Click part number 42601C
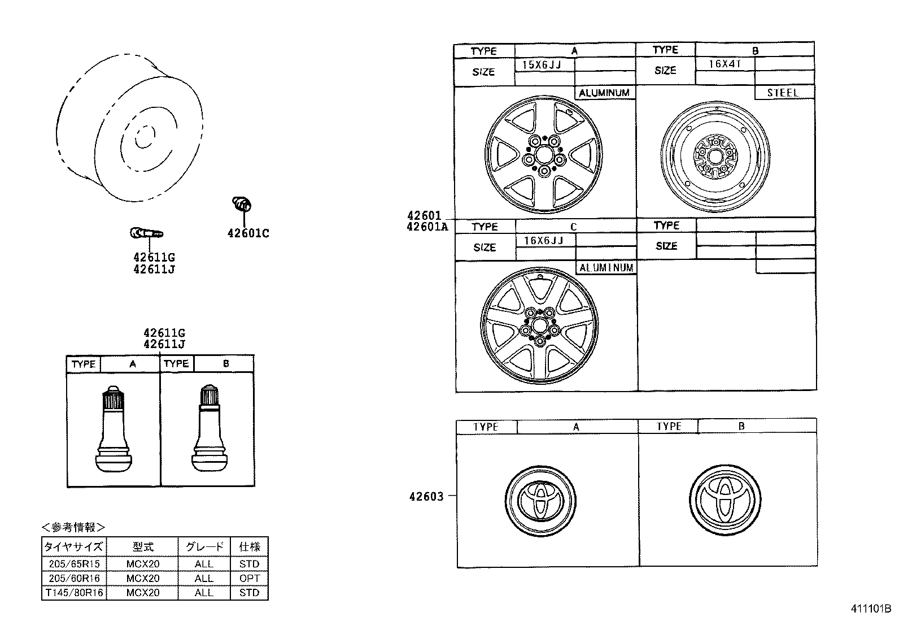[x=248, y=233]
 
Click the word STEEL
[x=783, y=93]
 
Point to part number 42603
[x=426, y=497]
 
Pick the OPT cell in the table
[x=249, y=579]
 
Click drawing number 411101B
[x=870, y=610]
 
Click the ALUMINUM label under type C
[x=606, y=268]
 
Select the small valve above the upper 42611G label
[x=146, y=232]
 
